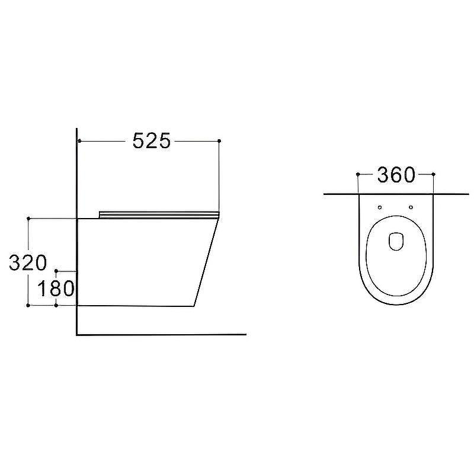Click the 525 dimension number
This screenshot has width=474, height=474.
coord(152,141)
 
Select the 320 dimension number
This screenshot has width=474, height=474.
coord(28,262)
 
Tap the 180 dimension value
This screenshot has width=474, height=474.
coord(56,289)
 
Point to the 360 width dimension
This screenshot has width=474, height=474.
coord(396,175)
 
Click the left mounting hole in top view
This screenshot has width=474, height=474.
coord(380,207)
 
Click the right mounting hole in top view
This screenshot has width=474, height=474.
coord(411,207)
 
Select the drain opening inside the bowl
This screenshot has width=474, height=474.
coord(396,241)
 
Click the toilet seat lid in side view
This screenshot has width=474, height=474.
coord(159,214)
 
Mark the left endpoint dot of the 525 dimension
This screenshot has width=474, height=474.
coord(79,141)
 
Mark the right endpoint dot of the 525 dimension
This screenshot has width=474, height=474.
coord(219,141)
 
